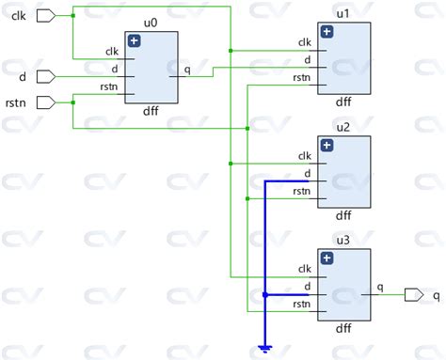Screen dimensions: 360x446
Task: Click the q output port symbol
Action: [413, 294]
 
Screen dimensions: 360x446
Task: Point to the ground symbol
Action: [266, 350]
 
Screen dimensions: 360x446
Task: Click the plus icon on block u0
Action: [135, 41]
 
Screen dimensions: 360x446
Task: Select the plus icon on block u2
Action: [327, 145]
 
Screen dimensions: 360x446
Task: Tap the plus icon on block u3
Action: [327, 258]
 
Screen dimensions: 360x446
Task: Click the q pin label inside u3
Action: [379, 288]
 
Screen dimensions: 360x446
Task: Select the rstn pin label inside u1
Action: [303, 78]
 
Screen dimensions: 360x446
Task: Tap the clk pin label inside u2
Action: [304, 156]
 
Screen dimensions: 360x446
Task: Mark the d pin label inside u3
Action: [307, 287]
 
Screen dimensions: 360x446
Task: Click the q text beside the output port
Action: [436, 295]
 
